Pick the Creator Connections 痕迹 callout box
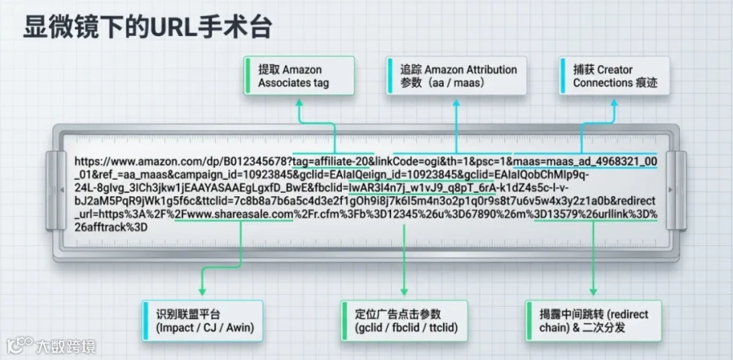coord(612,76)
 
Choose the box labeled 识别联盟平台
coord(201,320)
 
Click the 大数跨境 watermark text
coord(64,345)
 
